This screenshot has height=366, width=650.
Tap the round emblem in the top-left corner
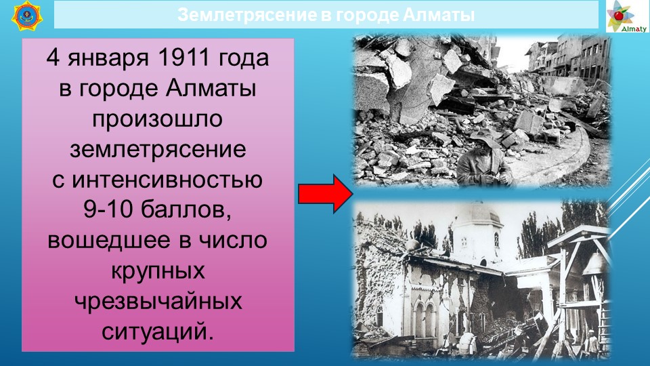[x=27, y=16]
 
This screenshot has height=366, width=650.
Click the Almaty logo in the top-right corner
[x=627, y=16]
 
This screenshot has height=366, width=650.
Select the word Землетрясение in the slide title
[x=247, y=15]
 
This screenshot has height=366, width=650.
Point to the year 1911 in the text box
[x=183, y=57]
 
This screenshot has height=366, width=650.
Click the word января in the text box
[x=108, y=58]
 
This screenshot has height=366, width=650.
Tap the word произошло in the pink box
[x=158, y=119]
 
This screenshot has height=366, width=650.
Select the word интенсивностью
[x=167, y=180]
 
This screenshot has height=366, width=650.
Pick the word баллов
[x=186, y=210]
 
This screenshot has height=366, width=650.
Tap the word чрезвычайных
[x=158, y=302]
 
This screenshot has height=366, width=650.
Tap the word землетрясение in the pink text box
[x=158, y=149]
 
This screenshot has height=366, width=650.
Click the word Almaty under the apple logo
[x=634, y=28]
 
